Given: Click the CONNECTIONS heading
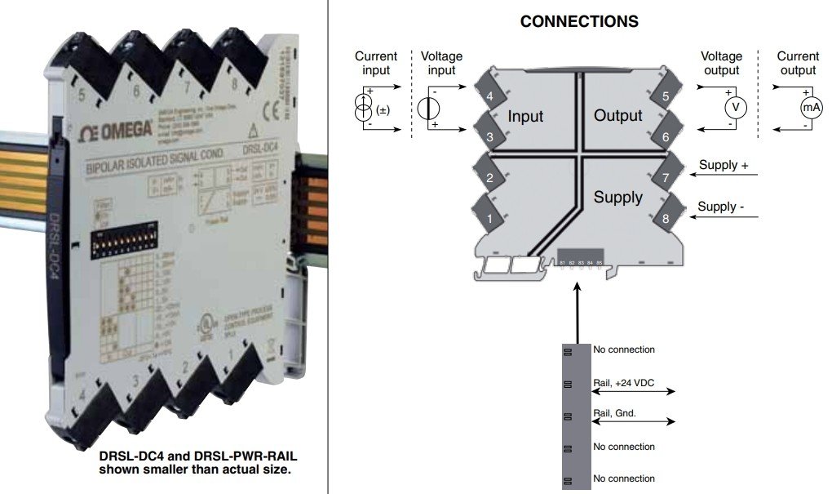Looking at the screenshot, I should tap(578, 21).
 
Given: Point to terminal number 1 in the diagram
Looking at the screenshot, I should tap(489, 218).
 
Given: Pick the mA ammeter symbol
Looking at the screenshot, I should tap(810, 107).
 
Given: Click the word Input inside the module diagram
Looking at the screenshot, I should tap(525, 117).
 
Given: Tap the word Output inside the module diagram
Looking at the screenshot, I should tap(618, 116).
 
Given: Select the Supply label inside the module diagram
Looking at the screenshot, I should tap(617, 197).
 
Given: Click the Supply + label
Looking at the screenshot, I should tap(724, 165).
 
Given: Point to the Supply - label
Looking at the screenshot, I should tap(721, 207).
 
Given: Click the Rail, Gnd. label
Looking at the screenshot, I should tap(614, 413).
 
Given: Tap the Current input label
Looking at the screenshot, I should tap(375, 64).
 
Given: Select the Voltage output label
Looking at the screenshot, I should tap(722, 64).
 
